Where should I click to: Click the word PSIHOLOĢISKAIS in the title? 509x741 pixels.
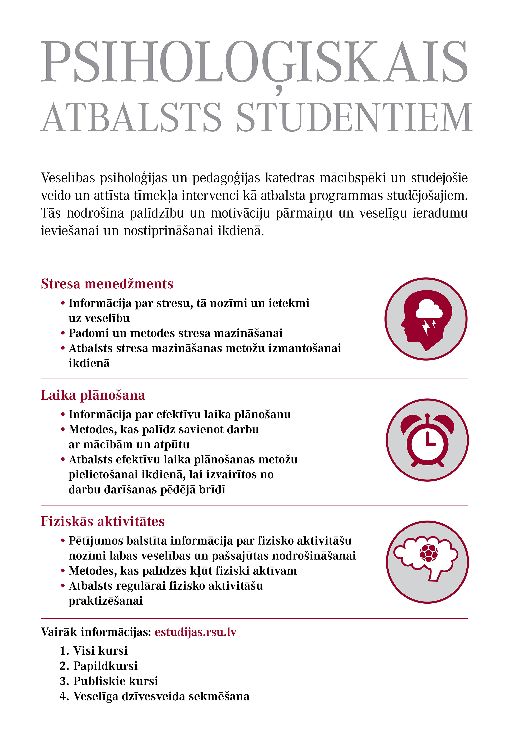pos(254,61)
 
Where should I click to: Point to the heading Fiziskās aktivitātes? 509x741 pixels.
pos(103,521)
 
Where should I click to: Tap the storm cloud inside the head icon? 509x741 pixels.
pos(429,309)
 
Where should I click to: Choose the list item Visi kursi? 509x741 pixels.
pos(100,650)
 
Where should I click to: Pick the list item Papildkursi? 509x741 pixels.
pos(105,666)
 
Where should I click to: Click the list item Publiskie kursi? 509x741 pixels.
pos(116,681)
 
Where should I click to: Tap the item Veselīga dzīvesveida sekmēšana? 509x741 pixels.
pos(161,696)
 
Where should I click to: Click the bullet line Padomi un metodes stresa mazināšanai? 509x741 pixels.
pos(175,333)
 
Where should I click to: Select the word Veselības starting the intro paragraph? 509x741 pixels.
pos(68,178)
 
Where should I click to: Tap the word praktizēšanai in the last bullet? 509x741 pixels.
pos(106,601)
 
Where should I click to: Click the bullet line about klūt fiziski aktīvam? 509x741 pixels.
pos(182,571)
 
